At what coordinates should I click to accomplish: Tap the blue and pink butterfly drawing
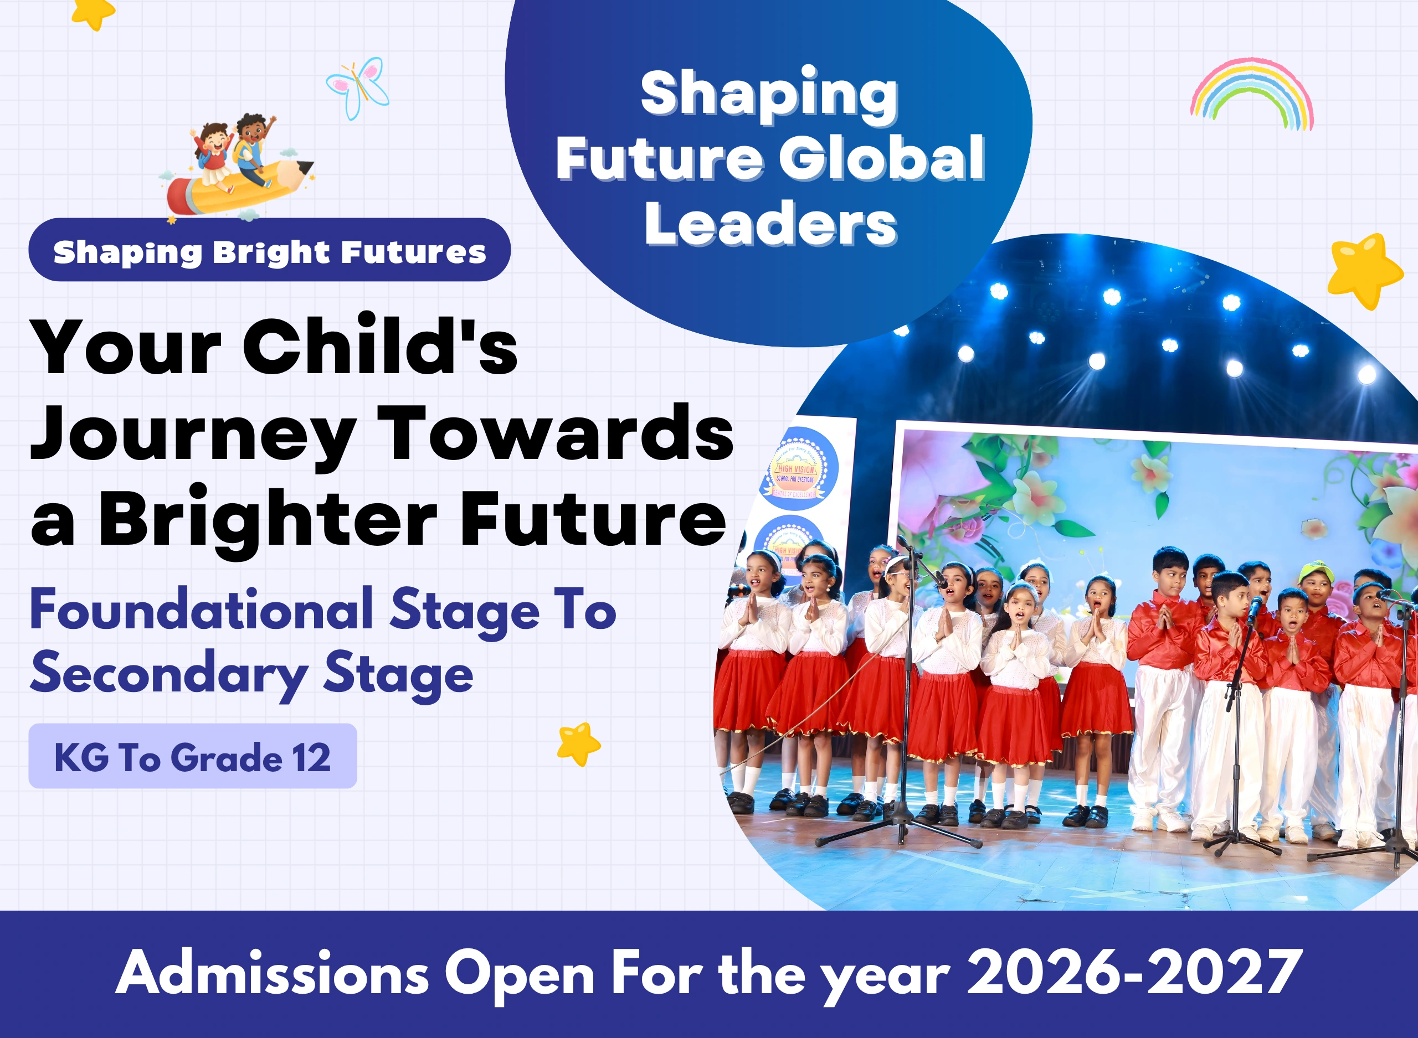[x=358, y=87]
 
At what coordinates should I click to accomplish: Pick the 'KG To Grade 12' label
[x=192, y=757]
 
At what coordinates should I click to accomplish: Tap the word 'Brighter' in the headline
[x=268, y=520]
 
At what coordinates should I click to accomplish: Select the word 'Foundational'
[x=201, y=609]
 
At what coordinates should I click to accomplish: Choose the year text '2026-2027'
[x=1134, y=972]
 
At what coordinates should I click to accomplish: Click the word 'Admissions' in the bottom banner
[x=272, y=972]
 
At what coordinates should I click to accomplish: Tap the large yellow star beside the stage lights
[x=1363, y=270]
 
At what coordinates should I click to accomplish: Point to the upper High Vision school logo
[x=798, y=468]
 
